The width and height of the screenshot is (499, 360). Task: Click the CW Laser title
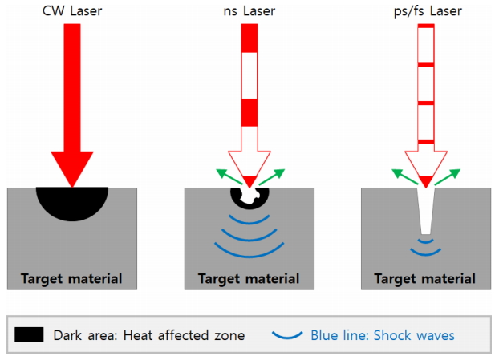(71, 10)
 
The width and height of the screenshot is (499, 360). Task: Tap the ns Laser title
(250, 10)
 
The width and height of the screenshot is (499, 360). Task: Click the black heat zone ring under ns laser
(237, 196)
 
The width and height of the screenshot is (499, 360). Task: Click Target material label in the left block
(71, 279)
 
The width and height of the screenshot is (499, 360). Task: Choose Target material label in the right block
(425, 279)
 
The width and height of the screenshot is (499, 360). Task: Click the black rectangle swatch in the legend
(30, 334)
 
